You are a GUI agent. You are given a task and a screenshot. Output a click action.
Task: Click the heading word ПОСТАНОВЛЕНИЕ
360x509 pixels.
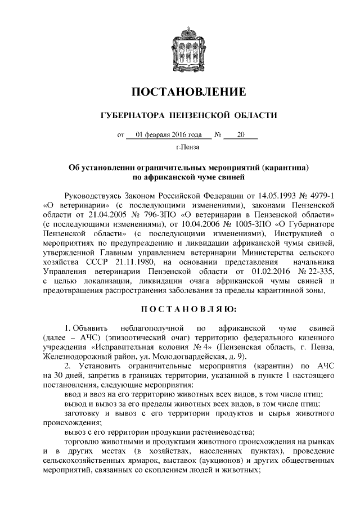click(180, 92)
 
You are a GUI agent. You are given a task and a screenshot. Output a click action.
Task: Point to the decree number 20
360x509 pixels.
click(241, 134)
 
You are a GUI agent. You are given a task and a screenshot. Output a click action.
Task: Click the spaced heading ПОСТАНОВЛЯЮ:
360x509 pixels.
click(180, 308)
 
